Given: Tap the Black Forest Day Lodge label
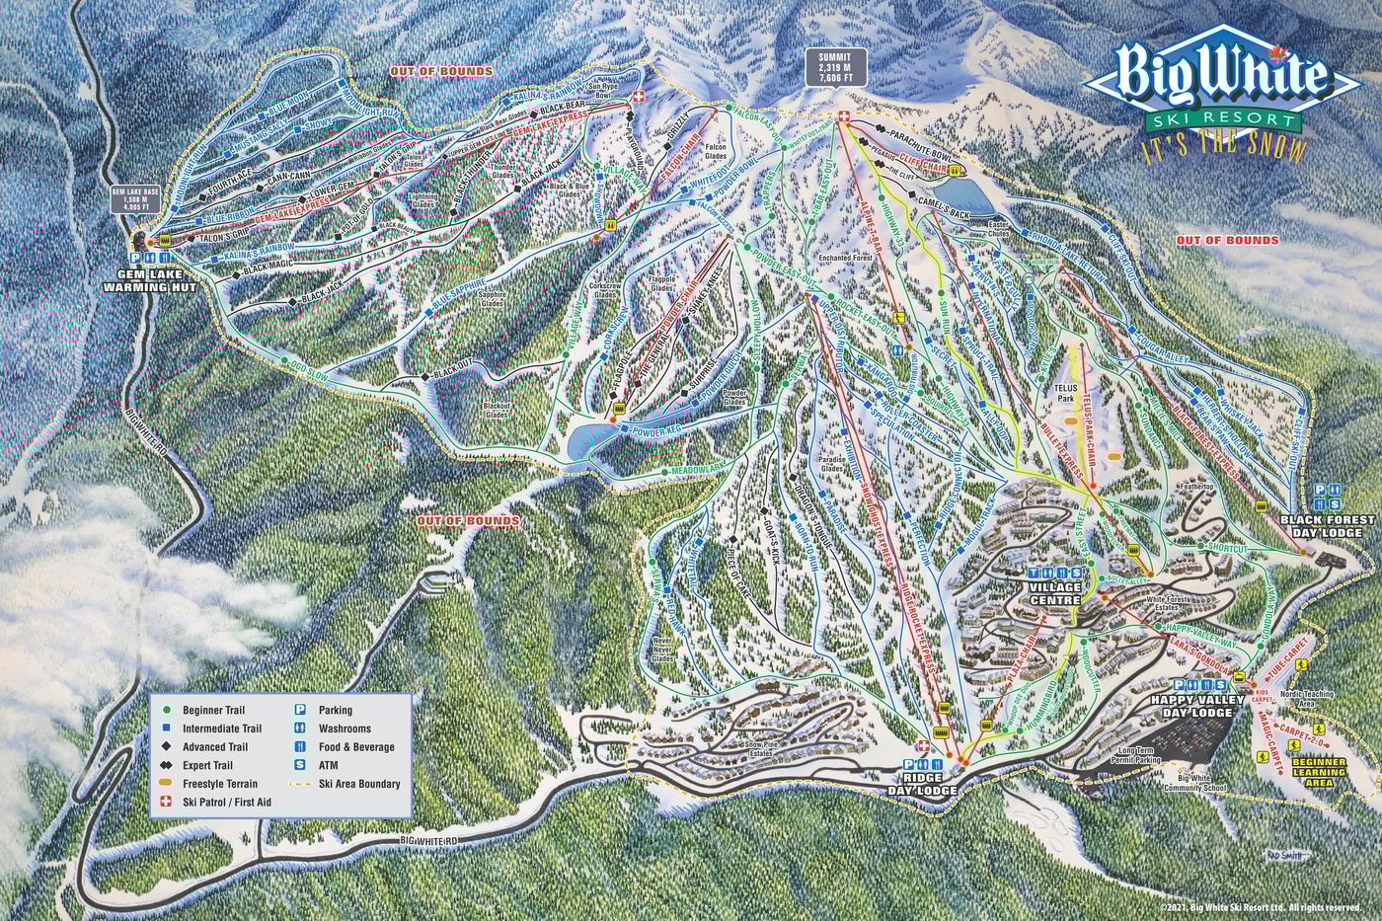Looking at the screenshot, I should (1327, 525).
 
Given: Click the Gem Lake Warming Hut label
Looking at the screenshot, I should (158, 280).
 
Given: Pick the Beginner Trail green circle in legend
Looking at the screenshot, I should (167, 710).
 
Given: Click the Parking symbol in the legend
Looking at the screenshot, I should (298, 710).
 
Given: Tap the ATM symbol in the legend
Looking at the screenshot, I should (298, 765).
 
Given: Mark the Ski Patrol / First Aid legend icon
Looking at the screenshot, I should (167, 803).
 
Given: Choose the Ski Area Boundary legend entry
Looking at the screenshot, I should (359, 784).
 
